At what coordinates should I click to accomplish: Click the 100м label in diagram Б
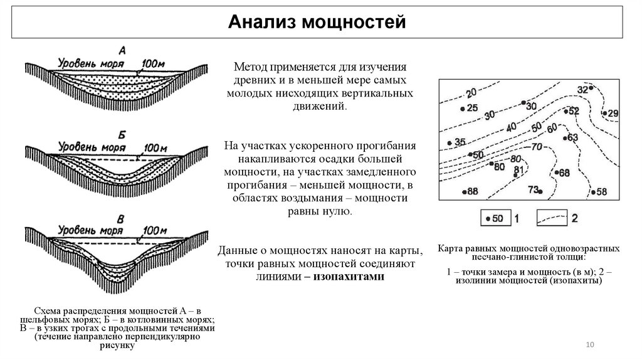pyautogui.click(x=155, y=149)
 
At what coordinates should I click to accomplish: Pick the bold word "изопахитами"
pyautogui.click(x=348, y=277)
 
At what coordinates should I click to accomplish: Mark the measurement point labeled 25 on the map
pyautogui.click(x=463, y=109)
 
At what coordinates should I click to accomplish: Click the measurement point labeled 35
pyautogui.click(x=450, y=144)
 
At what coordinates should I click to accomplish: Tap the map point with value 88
pyautogui.click(x=464, y=192)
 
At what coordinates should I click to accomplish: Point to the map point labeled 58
pyautogui.click(x=593, y=192)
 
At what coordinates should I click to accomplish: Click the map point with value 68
pyautogui.click(x=555, y=172)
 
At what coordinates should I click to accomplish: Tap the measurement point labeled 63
pyautogui.click(x=566, y=137)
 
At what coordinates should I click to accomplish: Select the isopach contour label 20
pyautogui.click(x=471, y=95)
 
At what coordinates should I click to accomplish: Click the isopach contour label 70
pyautogui.click(x=536, y=148)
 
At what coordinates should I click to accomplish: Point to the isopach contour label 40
pyautogui.click(x=511, y=127)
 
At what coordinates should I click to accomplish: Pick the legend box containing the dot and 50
pyautogui.click(x=493, y=218)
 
